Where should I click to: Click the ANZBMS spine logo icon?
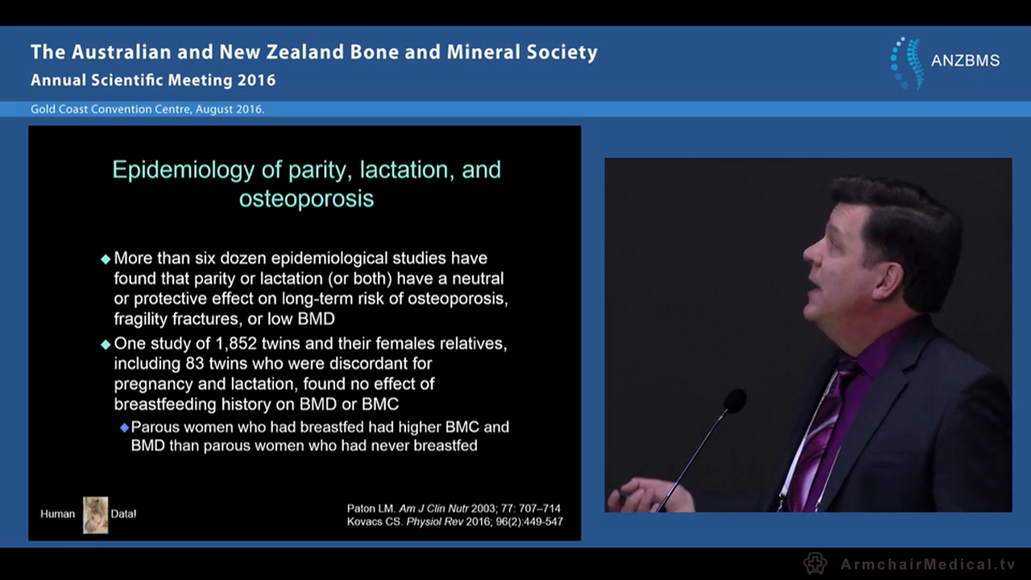tap(906, 62)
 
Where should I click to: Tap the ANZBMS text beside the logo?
tap(965, 61)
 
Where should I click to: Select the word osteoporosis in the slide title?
tap(306, 198)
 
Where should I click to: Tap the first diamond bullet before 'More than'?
tap(106, 259)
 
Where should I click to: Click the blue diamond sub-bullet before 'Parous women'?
tap(124, 428)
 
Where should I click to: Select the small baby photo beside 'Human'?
tap(95, 514)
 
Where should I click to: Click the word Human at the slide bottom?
tap(57, 514)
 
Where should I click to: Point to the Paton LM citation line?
tap(453, 508)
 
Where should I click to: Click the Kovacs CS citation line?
tap(454, 522)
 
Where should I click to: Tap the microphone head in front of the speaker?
tap(734, 400)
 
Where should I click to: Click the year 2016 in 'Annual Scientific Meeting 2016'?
tap(256, 81)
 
